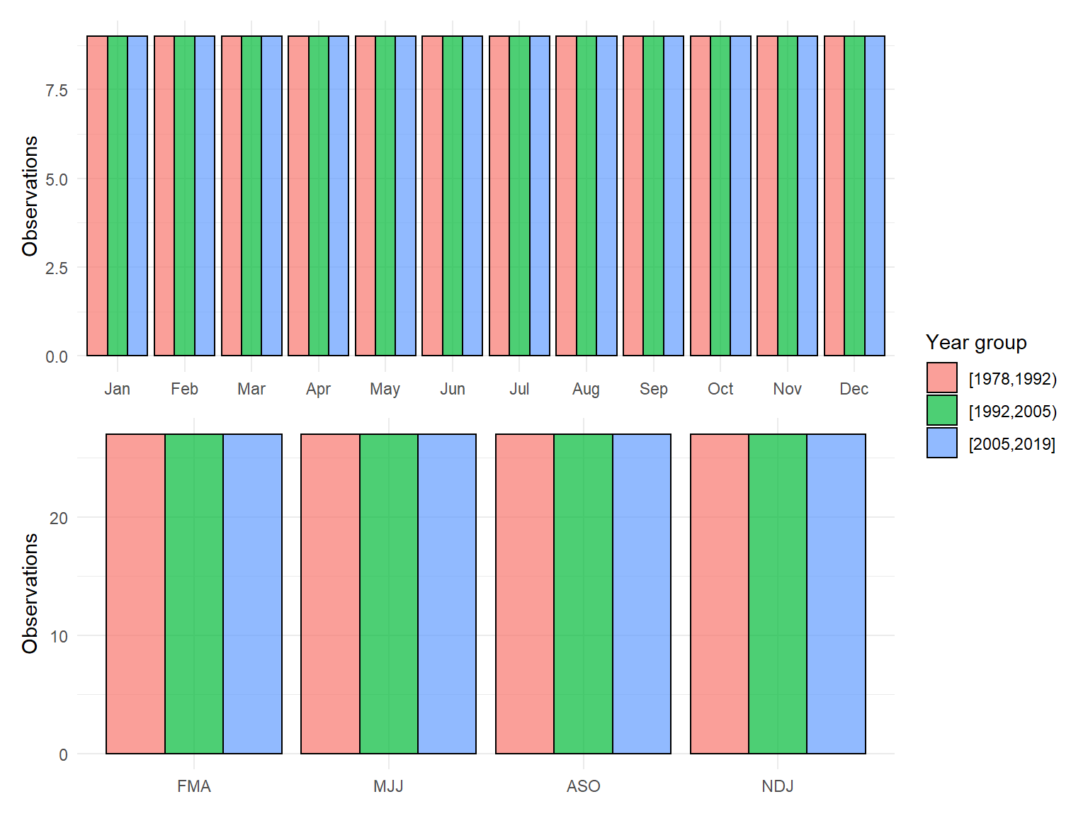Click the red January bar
[97, 195]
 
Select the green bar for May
[385, 195]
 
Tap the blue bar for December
[875, 195]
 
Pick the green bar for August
[586, 195]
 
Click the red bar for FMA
[135, 594]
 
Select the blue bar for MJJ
[447, 594]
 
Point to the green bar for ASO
[583, 594]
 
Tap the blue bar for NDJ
[836, 594]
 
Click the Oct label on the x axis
[720, 389]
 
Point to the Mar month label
[251, 389]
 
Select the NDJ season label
[778, 786]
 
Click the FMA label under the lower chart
[194, 786]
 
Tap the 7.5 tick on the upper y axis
[57, 91]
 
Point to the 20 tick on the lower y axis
[59, 518]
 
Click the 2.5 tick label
[57, 268]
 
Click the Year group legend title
[976, 342]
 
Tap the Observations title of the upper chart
[30, 195]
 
